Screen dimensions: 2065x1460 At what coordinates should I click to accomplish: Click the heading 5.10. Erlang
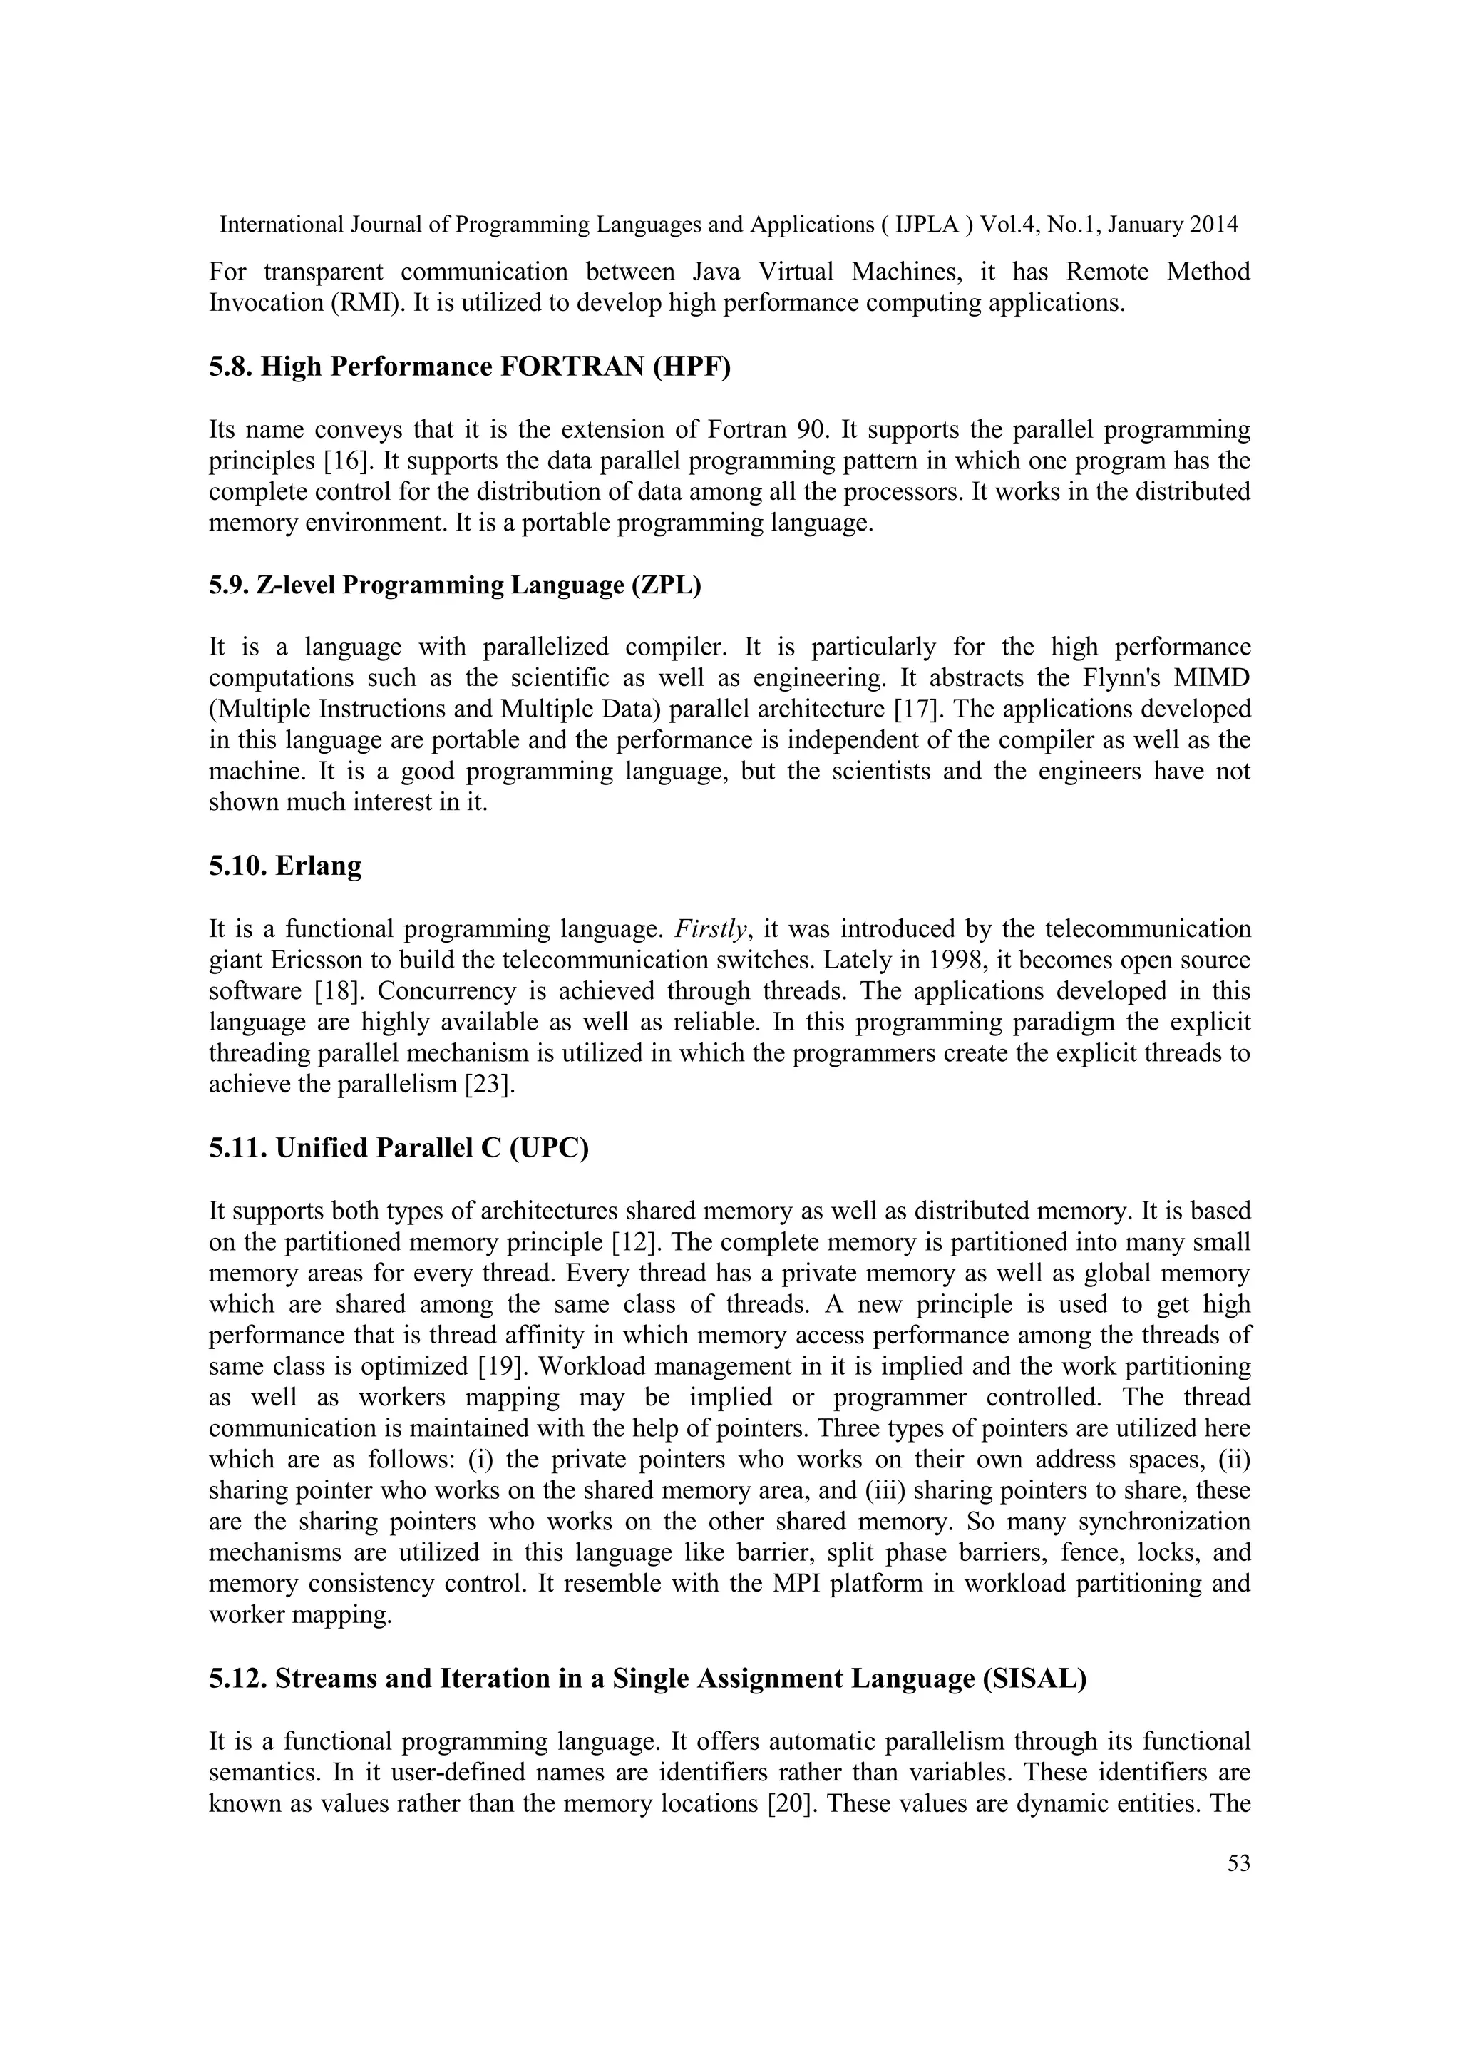tap(285, 866)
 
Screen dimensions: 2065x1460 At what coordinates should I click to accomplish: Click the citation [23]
tap(489, 1085)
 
